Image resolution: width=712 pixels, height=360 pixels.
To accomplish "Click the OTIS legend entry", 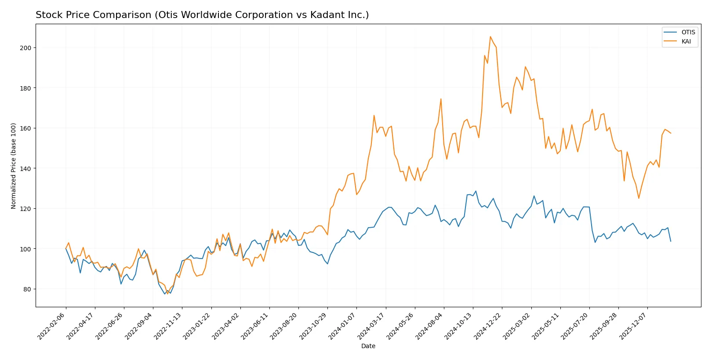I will pos(688,32).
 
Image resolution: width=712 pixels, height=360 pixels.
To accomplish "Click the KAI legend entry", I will pos(686,41).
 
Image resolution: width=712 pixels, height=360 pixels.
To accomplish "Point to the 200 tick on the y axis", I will pos(25,48).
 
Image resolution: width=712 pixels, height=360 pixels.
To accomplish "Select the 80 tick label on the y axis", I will pos(27,289).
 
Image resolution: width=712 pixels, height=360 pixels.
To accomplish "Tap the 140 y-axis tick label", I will pos(25,168).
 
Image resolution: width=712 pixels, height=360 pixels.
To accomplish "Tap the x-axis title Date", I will pos(368,346).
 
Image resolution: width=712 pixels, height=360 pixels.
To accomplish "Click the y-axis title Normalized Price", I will pos(14,166).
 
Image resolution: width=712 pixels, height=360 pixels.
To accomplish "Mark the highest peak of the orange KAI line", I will pos(490,36).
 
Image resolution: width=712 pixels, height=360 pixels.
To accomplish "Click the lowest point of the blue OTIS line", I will pos(165,294).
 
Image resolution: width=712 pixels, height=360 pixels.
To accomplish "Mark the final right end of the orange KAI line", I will pos(671,133).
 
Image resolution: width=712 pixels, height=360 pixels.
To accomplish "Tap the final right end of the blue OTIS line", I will pos(671,241).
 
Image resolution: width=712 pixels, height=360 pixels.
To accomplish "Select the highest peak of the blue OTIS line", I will pos(476,191).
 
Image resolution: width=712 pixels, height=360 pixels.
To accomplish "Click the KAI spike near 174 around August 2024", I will pos(441,99).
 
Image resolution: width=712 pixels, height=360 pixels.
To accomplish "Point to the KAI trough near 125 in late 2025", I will pos(639,198).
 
